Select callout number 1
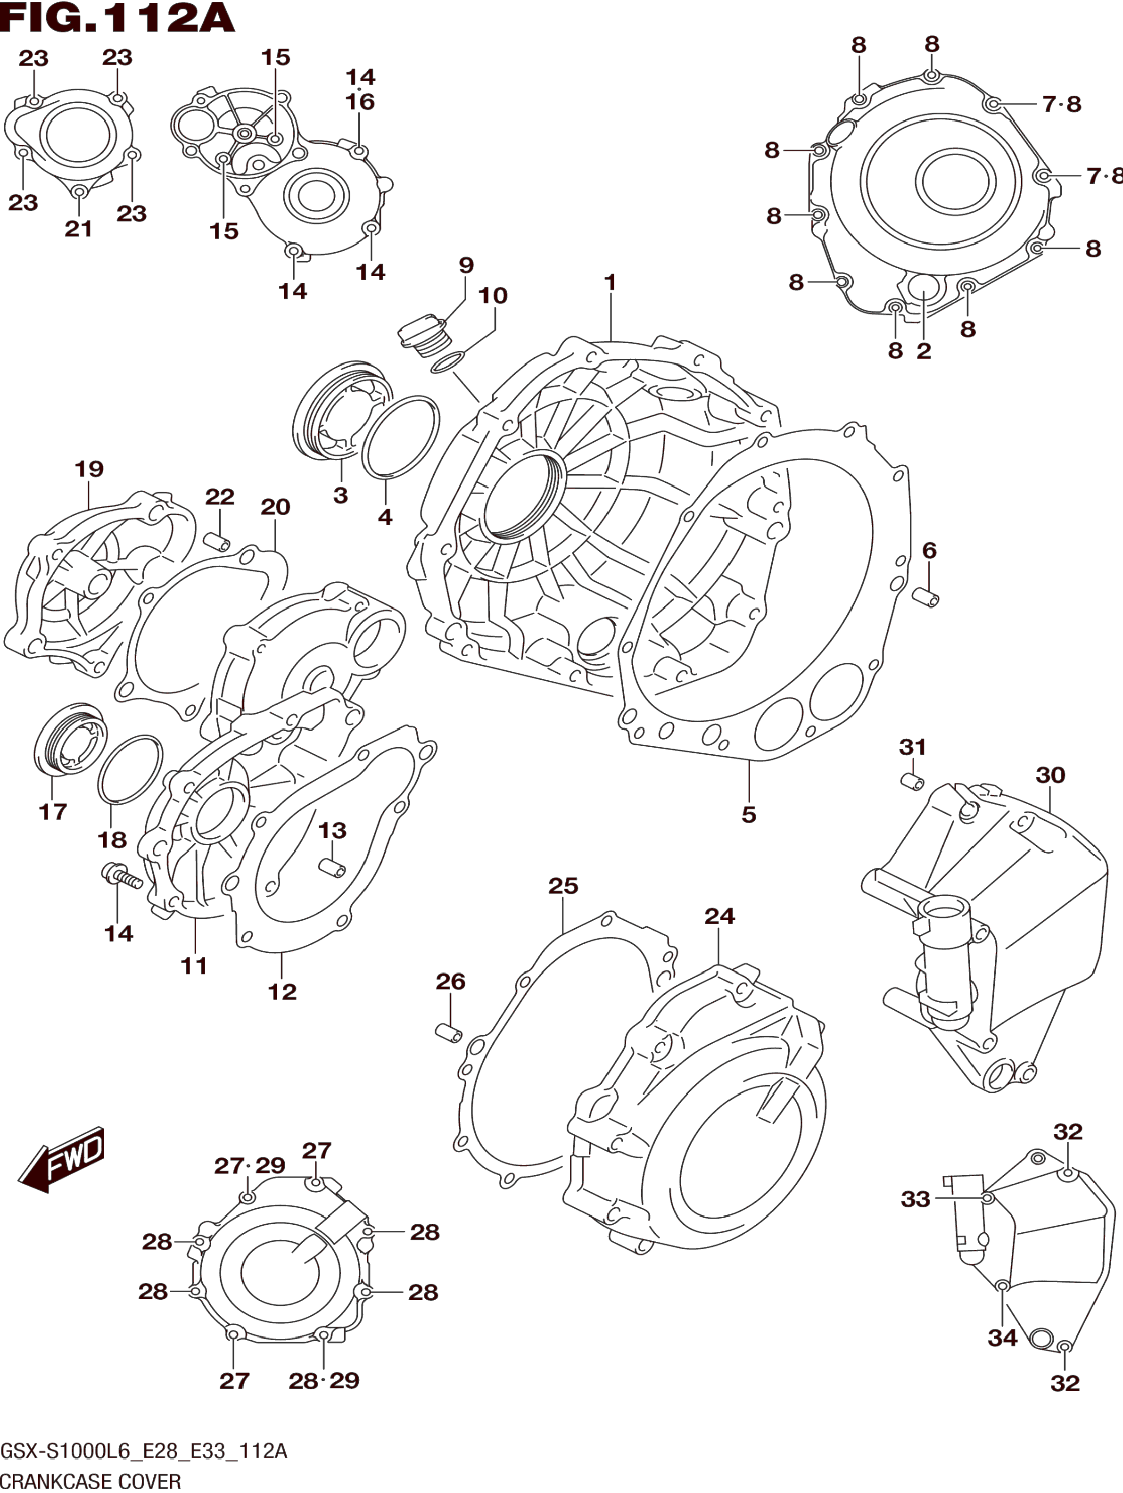pos(610,282)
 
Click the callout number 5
pos(749,815)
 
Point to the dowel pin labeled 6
pos(925,597)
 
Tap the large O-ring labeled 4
pos(400,437)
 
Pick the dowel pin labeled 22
pos(217,541)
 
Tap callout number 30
pos(1050,775)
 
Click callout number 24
pos(719,916)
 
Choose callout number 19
pos(89,469)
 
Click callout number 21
pos(78,229)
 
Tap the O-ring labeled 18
pos(130,769)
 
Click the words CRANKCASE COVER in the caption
pos(91,1482)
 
